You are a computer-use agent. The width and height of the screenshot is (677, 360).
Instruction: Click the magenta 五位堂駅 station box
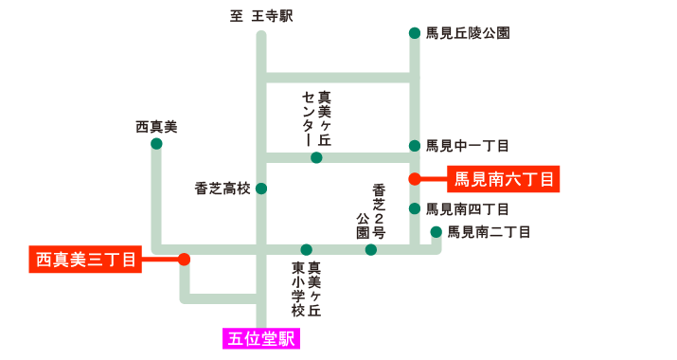[x=261, y=338]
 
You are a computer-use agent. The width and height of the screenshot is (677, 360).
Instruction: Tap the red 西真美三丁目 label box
[x=85, y=259]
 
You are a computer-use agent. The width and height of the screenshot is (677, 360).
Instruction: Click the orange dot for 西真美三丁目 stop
[x=184, y=259]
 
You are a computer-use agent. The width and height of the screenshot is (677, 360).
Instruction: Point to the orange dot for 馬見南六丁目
[x=414, y=178]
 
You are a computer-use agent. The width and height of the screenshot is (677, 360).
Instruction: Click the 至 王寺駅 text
[x=261, y=16]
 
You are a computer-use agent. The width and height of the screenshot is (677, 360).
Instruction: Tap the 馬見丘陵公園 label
[x=468, y=33]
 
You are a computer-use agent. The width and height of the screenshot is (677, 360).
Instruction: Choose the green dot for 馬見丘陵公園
[x=414, y=33]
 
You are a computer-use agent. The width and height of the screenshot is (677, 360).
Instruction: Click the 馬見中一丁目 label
[x=468, y=146]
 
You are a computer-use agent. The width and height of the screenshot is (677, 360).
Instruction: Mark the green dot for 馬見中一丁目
[x=414, y=146]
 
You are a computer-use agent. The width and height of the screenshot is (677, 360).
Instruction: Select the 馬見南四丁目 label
[x=468, y=208]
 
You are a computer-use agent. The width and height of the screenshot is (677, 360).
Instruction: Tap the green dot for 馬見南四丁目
[x=414, y=208]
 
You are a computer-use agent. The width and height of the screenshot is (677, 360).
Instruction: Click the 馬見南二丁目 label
[x=489, y=231]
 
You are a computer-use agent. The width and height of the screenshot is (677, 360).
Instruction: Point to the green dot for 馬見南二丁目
[x=436, y=231]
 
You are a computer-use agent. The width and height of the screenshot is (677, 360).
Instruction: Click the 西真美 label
[x=156, y=126]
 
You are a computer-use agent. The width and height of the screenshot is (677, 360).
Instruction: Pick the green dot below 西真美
[x=156, y=144]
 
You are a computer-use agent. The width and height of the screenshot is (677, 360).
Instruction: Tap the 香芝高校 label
[x=223, y=189]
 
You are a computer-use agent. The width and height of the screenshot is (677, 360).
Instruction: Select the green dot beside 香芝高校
[x=261, y=189]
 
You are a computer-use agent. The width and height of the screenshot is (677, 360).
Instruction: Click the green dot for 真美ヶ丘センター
[x=316, y=157]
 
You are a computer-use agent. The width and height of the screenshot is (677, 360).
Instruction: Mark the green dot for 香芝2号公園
[x=370, y=250]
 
